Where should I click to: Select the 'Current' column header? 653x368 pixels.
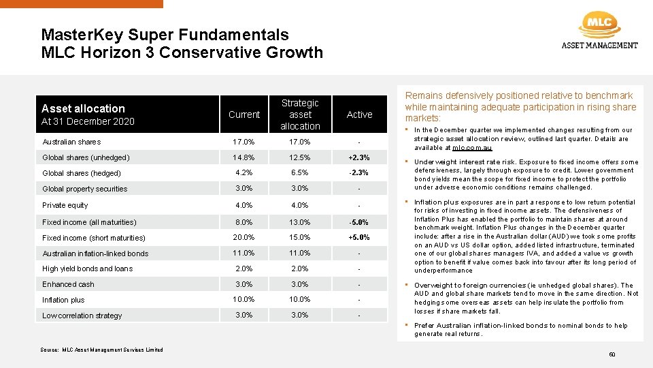[244, 114]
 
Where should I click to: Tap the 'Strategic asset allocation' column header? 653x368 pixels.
[300, 114]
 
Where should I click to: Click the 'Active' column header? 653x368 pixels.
[359, 114]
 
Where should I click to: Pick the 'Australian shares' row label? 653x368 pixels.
[71, 142]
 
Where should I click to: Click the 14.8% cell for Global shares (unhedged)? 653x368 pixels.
[244, 157]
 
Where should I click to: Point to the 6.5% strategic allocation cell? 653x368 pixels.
[300, 173]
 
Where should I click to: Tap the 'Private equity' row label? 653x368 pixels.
[65, 205]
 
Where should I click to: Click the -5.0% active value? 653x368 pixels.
[359, 222]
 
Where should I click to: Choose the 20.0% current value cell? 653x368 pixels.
[244, 238]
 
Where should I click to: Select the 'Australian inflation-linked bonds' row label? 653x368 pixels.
[95, 254]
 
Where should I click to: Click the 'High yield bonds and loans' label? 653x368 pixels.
[88, 269]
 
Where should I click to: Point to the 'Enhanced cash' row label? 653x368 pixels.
[68, 284]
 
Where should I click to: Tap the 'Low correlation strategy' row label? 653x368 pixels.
[82, 316]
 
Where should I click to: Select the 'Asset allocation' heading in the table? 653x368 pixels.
[83, 108]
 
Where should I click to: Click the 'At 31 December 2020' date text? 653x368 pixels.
[88, 121]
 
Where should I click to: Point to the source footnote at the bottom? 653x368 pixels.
[102, 350]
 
